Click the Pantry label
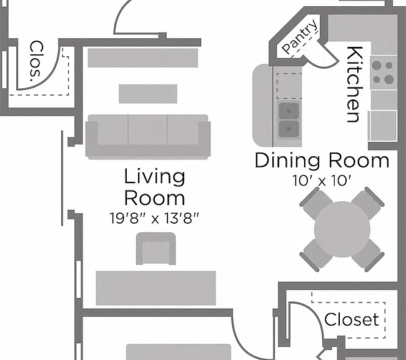[300, 36]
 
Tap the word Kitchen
[355, 84]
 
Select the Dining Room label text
[322, 161]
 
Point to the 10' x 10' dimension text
[322, 181]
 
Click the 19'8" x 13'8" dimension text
[154, 218]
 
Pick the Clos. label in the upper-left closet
[36, 61]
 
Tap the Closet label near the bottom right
[352, 319]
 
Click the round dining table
[342, 229]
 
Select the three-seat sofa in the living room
[148, 137]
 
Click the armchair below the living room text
[156, 249]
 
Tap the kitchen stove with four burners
[384, 72]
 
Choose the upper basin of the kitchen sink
[289, 111]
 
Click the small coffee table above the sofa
[148, 94]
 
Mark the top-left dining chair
[317, 202]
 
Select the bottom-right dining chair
[367, 255]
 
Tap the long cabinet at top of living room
[143, 57]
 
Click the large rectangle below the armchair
[156, 288]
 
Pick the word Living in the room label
[154, 177]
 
